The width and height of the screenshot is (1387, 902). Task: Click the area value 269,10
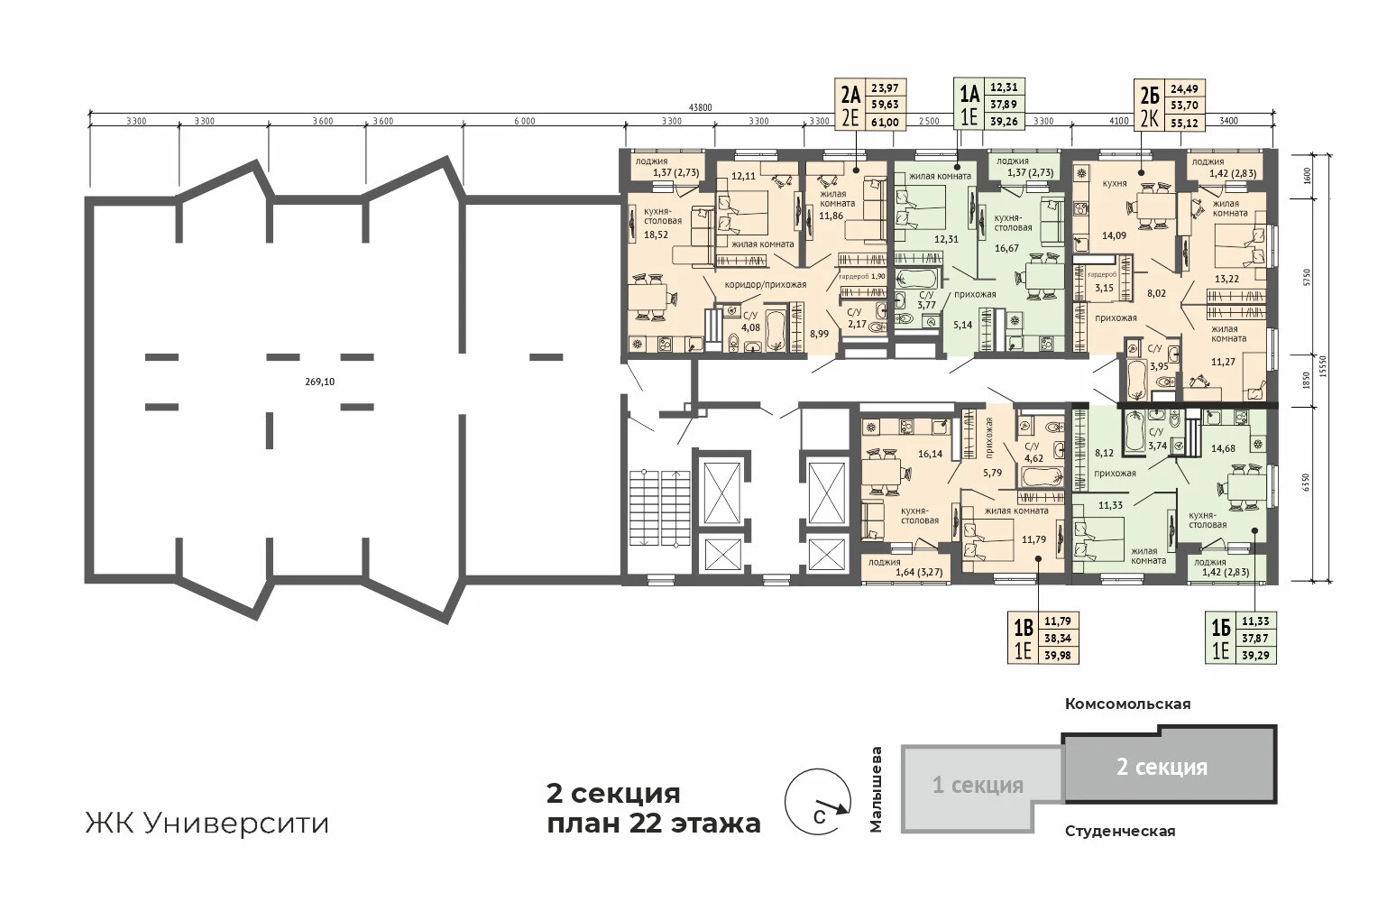[x=319, y=382]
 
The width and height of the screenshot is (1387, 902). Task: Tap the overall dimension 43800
[x=701, y=107]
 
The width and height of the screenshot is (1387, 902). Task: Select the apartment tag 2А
[x=850, y=96]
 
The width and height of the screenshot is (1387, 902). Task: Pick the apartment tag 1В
[x=1024, y=629]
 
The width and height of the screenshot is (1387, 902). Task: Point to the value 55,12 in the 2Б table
[x=1184, y=124]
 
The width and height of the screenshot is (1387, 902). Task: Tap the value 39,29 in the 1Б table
[x=1255, y=655]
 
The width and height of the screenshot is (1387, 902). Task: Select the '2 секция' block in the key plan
[x=1169, y=765]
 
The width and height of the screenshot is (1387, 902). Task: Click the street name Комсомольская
[x=1127, y=704]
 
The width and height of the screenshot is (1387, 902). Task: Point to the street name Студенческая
[x=1120, y=832]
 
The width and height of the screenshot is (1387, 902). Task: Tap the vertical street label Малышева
[x=877, y=788]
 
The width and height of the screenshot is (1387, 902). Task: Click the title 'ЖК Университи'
[x=207, y=824]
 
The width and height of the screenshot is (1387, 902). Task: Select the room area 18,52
[x=656, y=235]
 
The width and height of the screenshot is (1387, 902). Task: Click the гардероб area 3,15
[x=1104, y=288]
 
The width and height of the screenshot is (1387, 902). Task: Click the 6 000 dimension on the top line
[x=525, y=122]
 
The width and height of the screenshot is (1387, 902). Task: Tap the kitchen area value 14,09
[x=1114, y=235]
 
